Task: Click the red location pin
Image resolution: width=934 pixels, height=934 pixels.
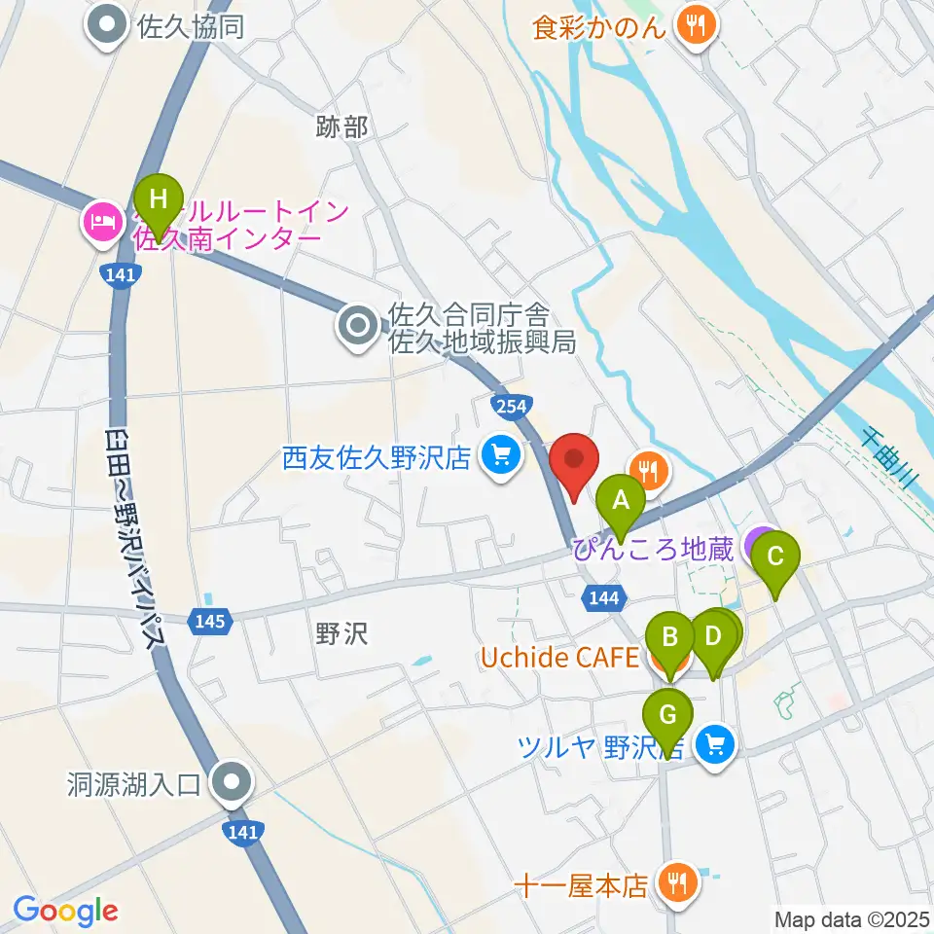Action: click(x=573, y=465)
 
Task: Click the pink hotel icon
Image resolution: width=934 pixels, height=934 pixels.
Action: click(x=102, y=221)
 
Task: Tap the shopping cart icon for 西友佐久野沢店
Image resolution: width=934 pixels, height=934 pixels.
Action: click(x=501, y=453)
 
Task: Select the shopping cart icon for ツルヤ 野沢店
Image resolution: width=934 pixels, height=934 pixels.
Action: click(x=716, y=745)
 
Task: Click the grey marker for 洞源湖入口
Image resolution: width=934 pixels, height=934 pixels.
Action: click(x=233, y=781)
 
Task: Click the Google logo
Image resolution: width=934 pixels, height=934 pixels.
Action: click(x=65, y=911)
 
